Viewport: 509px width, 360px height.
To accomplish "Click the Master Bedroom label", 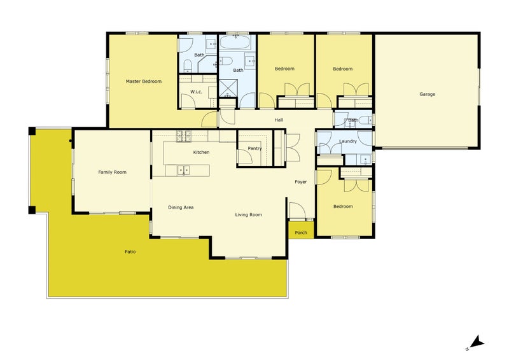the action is [x=144, y=81].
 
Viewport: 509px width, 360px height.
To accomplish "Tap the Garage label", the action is [x=427, y=95].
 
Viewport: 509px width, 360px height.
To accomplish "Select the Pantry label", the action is [x=254, y=148].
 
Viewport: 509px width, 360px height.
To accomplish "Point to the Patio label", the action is [x=130, y=252].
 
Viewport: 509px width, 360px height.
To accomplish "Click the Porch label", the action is [x=301, y=233].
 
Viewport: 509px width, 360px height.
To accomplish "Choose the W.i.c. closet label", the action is [x=196, y=92].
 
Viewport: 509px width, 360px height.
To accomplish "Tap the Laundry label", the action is [x=348, y=141].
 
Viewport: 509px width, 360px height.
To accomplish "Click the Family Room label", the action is [x=113, y=172].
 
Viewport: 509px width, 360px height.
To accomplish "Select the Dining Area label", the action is [x=181, y=207].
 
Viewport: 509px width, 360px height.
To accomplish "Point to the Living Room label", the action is [x=248, y=214].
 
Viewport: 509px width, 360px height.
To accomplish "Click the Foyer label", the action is [x=300, y=182].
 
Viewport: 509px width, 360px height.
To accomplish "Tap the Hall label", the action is [x=279, y=120].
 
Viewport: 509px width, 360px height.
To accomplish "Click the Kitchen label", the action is [x=201, y=152].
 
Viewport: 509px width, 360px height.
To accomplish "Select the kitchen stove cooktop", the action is [x=183, y=136].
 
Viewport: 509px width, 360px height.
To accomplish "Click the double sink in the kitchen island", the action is [x=183, y=170].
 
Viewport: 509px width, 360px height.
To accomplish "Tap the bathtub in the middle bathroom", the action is [x=235, y=42].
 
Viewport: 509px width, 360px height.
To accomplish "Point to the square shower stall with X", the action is [x=228, y=88].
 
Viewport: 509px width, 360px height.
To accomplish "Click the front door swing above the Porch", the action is [x=297, y=210].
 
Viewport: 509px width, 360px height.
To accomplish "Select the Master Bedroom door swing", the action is [x=209, y=119].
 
